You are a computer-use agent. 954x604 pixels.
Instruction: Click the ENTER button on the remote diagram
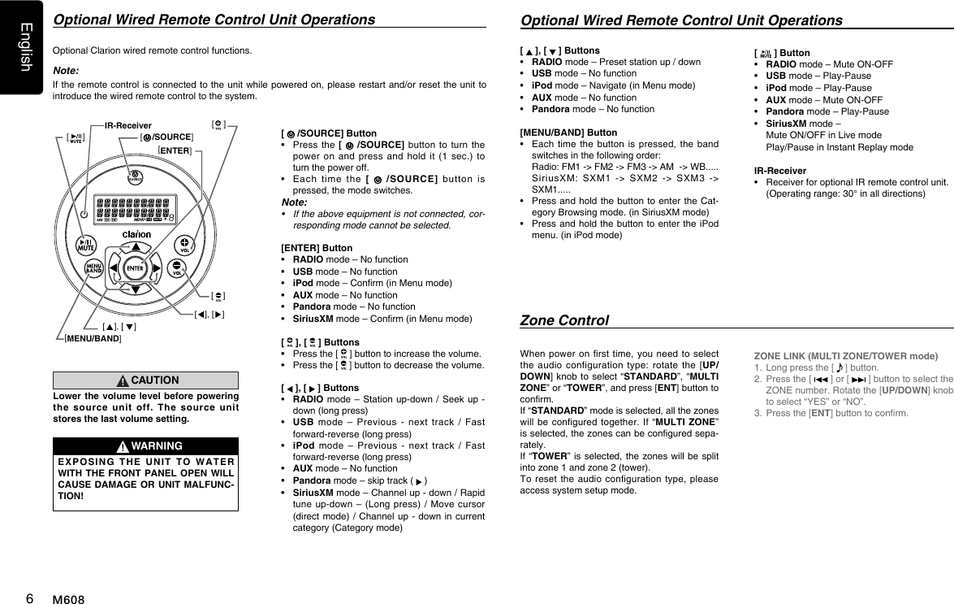coord(136,268)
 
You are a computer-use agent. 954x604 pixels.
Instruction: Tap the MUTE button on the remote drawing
coord(87,245)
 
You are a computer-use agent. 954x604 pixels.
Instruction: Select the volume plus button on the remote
coord(186,245)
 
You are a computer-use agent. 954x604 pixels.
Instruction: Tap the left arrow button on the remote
coord(111,268)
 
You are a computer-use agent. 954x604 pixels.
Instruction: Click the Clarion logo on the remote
coord(136,235)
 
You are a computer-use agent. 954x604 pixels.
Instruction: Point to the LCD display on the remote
coord(136,206)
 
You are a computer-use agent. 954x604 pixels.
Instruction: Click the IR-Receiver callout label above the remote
coord(128,125)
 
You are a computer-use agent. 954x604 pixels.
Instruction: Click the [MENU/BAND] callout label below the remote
coord(93,337)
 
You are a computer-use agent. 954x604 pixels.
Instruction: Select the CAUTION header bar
coord(145,379)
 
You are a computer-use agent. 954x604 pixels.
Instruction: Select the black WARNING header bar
coord(145,445)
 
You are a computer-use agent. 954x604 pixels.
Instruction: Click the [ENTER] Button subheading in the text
coord(317,247)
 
